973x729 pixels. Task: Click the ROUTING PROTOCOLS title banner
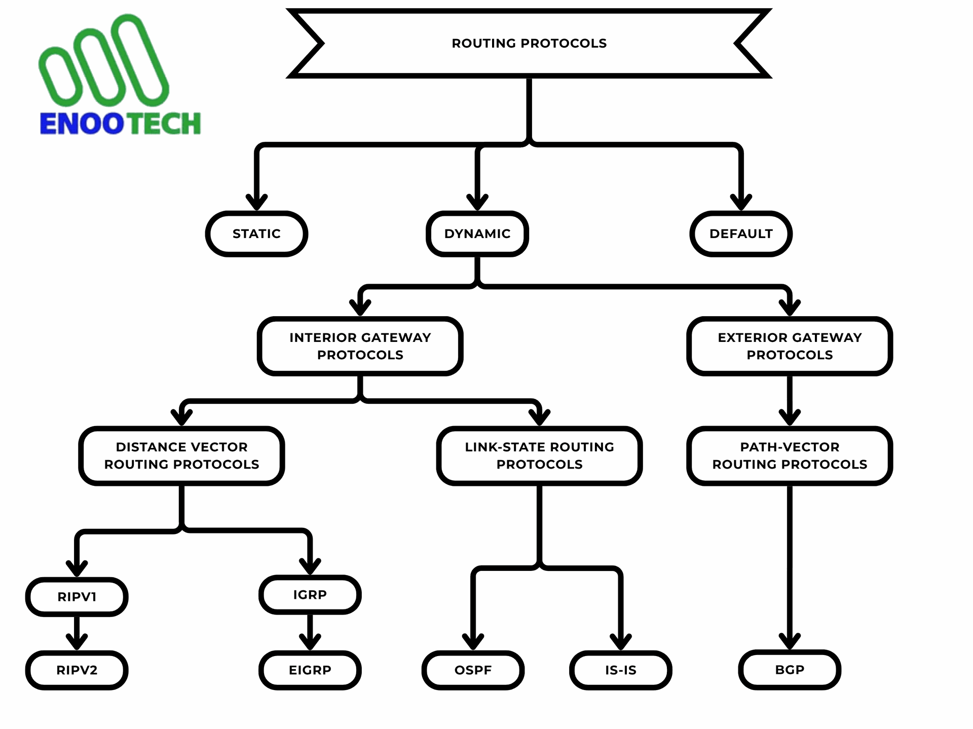click(529, 43)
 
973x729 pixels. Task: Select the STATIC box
click(256, 234)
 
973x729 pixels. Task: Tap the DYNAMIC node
click(477, 234)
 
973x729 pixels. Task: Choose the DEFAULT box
click(741, 234)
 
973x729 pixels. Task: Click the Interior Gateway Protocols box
click(360, 346)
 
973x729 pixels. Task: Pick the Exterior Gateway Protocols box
click(790, 346)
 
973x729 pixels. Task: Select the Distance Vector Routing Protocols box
click(181, 455)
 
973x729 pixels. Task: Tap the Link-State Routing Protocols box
click(539, 455)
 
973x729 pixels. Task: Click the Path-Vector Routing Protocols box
click(790, 455)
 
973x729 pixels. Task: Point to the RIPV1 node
click(77, 597)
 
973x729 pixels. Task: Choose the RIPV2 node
click(77, 670)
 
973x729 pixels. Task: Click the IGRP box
click(310, 595)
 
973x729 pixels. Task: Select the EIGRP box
click(310, 670)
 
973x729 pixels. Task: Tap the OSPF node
click(473, 670)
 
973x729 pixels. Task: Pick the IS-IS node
click(621, 670)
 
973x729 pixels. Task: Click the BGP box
click(790, 670)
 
